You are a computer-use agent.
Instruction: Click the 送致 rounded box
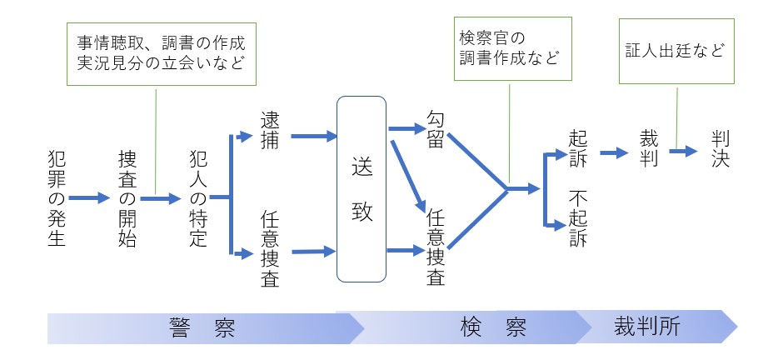click(x=361, y=189)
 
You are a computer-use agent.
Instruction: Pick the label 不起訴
click(x=578, y=218)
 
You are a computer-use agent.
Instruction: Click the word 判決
click(x=721, y=148)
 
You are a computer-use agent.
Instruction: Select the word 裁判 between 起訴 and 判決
click(x=650, y=148)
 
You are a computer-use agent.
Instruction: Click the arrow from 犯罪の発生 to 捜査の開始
click(x=89, y=198)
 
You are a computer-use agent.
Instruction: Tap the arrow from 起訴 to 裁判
click(x=615, y=153)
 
